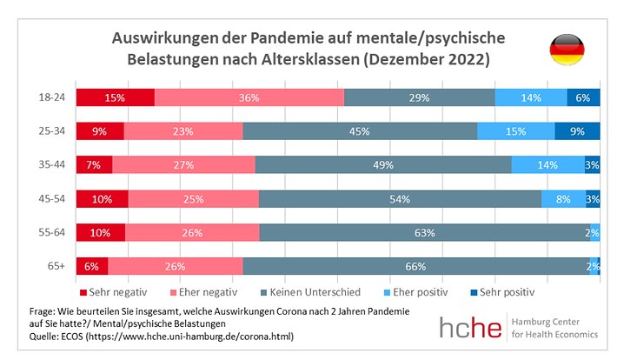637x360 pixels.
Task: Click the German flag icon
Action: (x=566, y=51)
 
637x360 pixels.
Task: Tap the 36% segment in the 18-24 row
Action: (x=249, y=97)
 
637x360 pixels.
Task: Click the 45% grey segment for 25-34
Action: (x=360, y=131)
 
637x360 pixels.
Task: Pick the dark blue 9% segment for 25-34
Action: (x=577, y=131)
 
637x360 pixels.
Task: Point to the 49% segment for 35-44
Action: (x=383, y=165)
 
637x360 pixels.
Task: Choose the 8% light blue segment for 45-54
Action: (x=563, y=199)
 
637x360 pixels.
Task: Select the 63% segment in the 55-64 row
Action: (x=424, y=233)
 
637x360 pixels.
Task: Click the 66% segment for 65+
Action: (x=416, y=266)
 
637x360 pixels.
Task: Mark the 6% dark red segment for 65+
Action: (x=91, y=266)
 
